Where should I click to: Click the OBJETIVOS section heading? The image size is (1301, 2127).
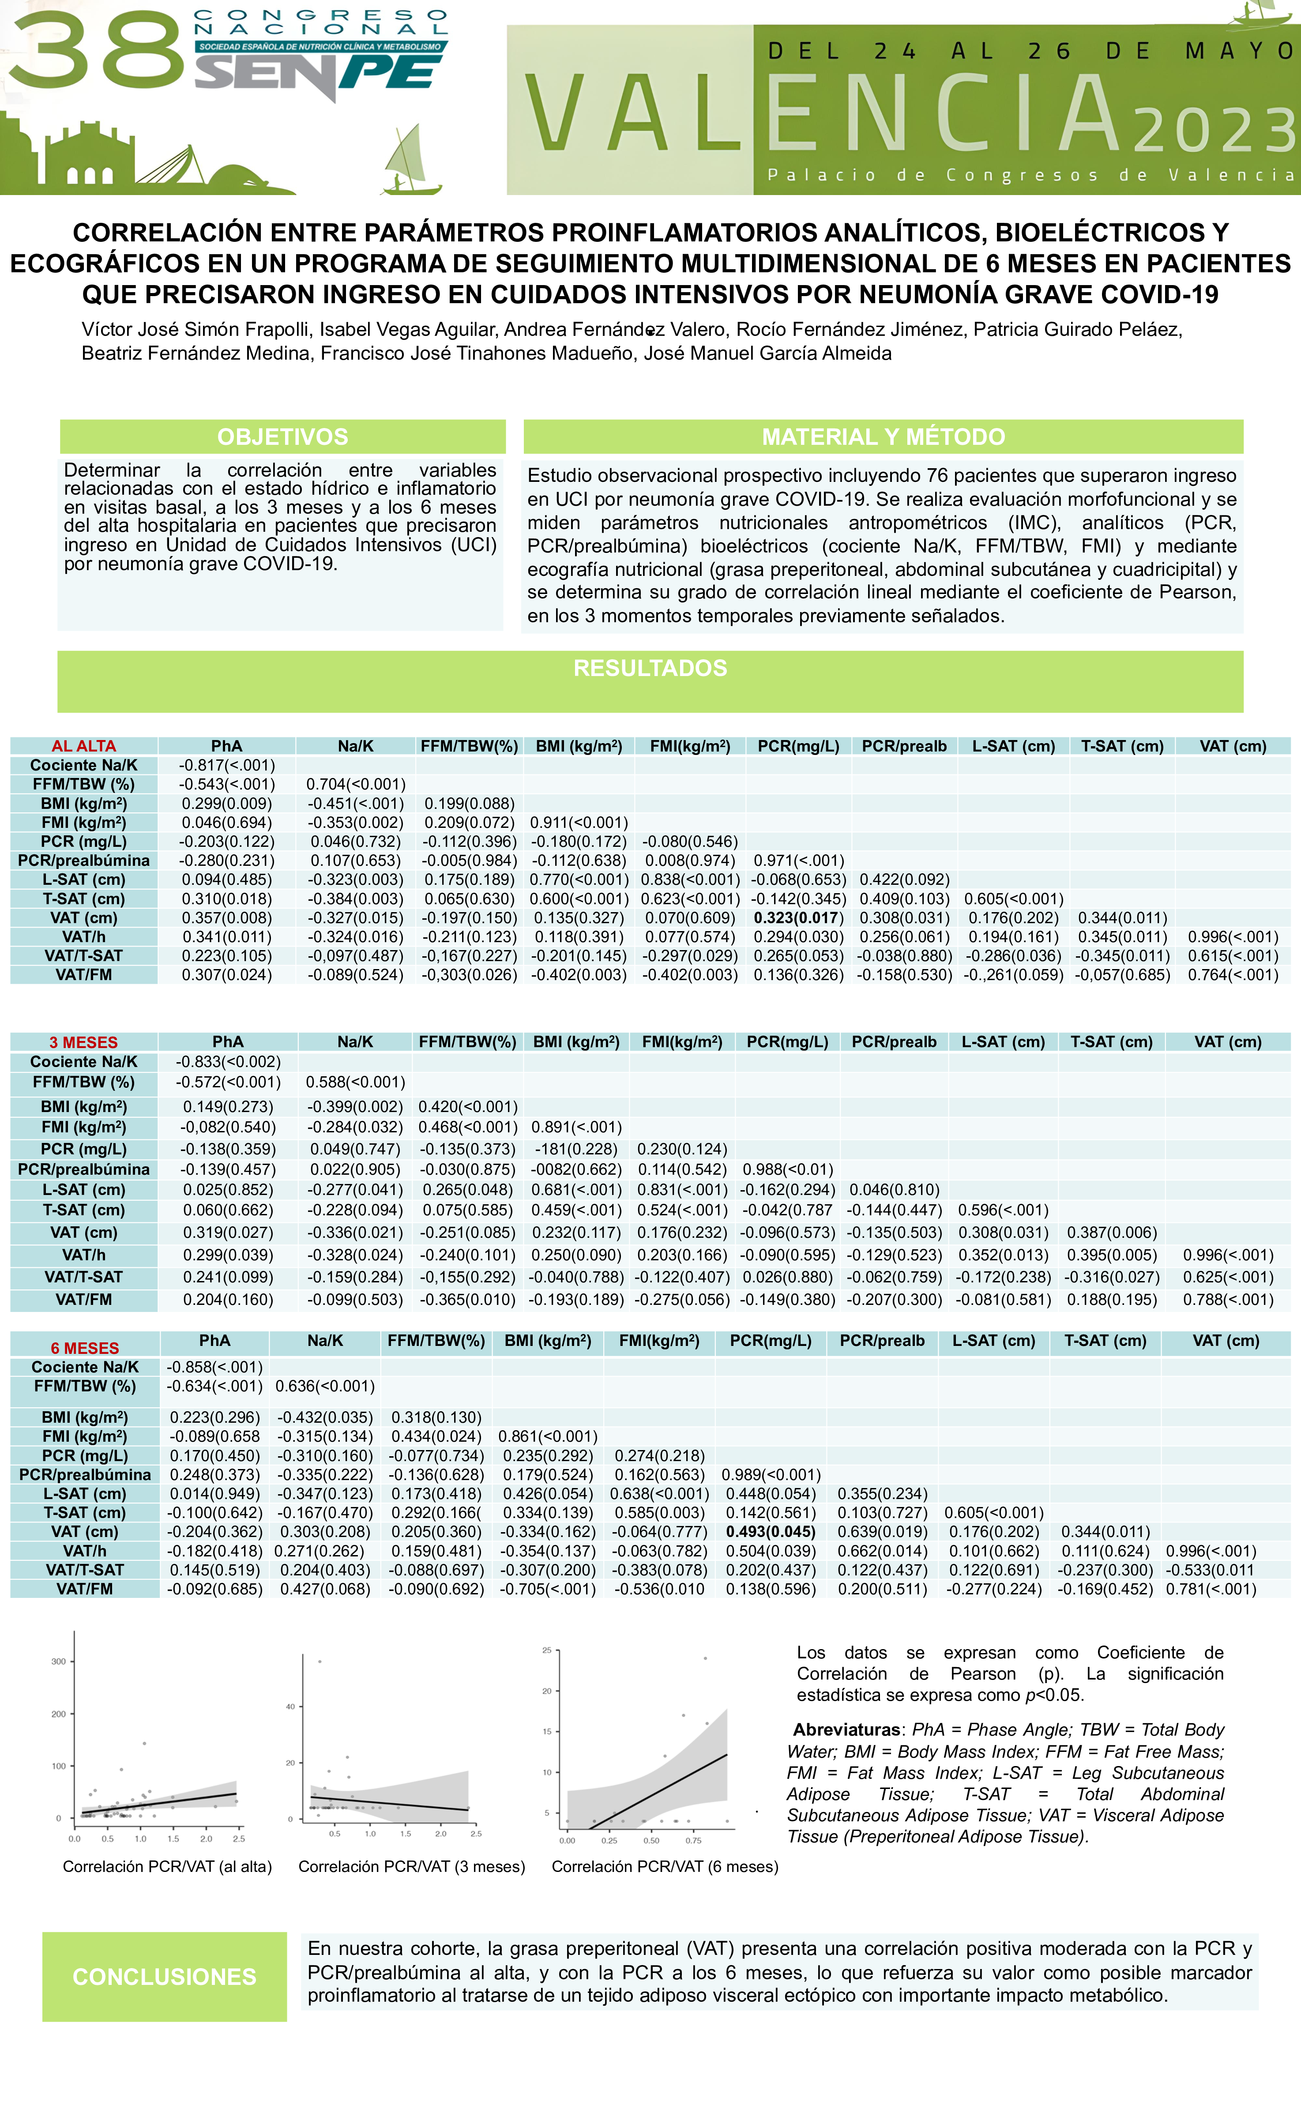282,437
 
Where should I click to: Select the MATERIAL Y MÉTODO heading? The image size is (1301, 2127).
883,437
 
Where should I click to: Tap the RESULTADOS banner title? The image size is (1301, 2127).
650,668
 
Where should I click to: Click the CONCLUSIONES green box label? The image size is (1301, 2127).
164,1977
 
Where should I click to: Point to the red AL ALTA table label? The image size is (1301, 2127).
84,746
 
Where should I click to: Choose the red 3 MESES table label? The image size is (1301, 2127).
84,1042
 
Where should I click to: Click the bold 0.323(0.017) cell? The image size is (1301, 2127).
798,917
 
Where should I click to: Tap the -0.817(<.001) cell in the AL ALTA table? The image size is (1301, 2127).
227,765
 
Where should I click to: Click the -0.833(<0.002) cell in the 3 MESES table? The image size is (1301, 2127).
228,1062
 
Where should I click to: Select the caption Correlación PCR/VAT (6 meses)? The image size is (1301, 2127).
665,1866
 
